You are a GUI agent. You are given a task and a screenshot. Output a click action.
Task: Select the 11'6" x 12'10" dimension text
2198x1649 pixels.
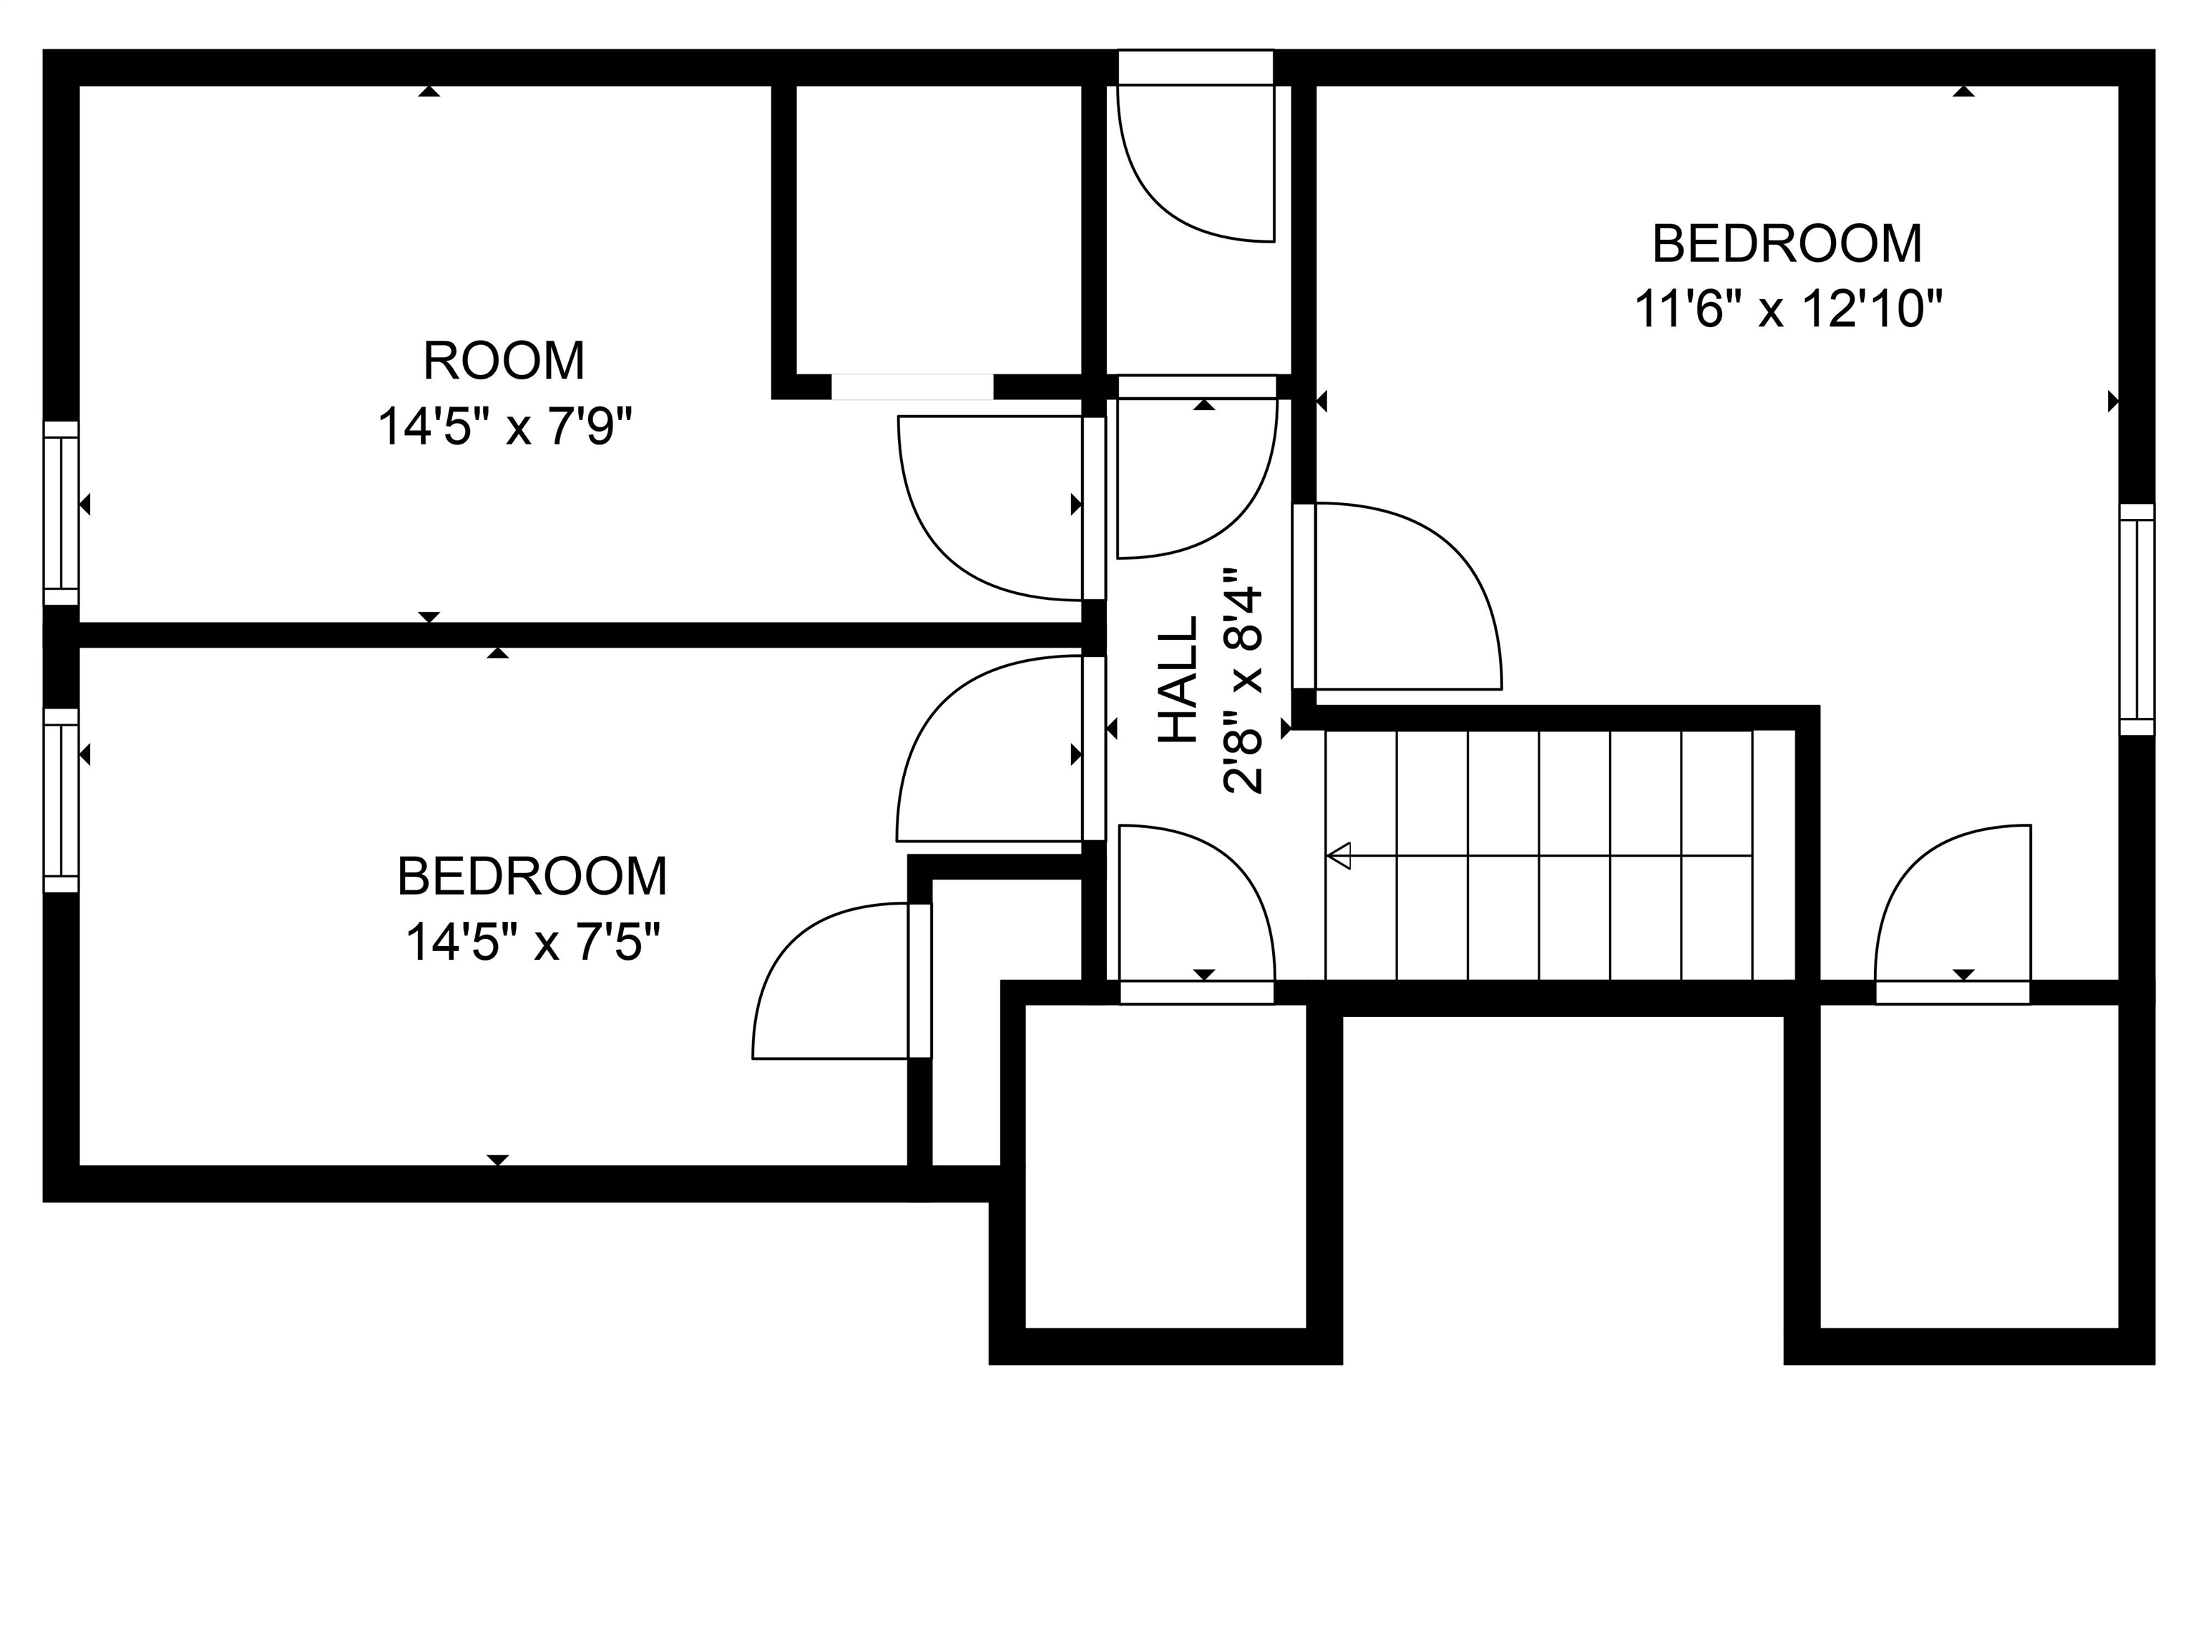(x=1787, y=309)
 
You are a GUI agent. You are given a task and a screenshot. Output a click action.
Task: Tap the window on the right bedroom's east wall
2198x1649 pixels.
(x=2137, y=618)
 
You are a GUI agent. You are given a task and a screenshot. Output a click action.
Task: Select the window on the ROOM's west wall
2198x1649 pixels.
(x=61, y=513)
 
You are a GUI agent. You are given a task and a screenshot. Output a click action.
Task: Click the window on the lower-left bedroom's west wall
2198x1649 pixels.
(x=61, y=800)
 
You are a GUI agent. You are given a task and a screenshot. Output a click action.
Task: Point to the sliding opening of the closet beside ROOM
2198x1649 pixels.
(x=912, y=386)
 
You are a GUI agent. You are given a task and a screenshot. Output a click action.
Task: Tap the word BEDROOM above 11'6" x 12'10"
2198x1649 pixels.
(x=1787, y=245)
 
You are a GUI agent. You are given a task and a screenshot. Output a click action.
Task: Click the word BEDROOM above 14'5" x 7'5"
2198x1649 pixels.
(x=532, y=877)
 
